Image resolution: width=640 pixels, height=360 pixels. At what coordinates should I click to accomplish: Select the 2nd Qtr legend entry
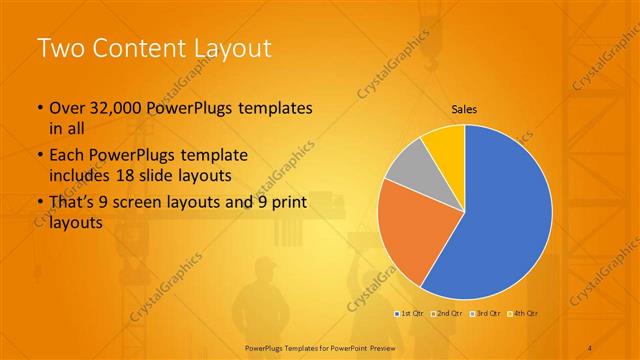(446, 314)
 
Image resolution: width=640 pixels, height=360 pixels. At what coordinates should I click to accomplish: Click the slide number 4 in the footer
(590, 347)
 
